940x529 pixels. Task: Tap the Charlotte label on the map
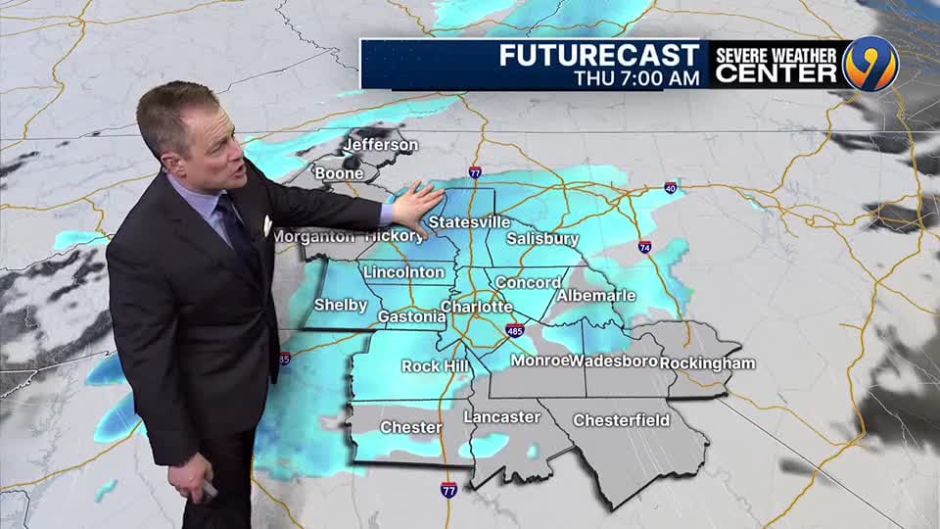point(476,307)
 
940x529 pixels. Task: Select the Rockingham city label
point(707,362)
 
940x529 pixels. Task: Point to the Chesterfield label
point(621,420)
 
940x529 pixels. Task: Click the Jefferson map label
point(380,145)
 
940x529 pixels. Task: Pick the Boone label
point(339,173)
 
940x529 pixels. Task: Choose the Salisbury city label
point(543,238)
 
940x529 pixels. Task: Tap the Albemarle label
point(596,295)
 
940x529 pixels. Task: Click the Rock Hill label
point(434,366)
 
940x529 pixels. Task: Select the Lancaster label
point(501,416)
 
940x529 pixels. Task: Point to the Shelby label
point(341,305)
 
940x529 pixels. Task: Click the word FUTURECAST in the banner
point(599,55)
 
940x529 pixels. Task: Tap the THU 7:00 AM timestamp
point(636,77)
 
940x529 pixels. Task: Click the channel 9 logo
point(869,64)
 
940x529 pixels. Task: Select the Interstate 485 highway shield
point(515,330)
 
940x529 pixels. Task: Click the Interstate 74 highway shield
point(645,247)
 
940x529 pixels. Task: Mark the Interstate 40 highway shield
point(671,187)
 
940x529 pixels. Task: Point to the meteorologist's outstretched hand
point(417,206)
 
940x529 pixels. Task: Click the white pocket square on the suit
point(266,225)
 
